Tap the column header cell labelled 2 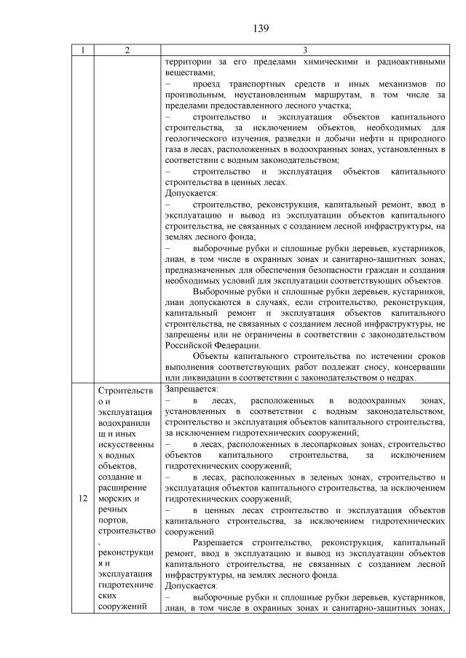(127, 51)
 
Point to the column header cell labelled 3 (304, 51)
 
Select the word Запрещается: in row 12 (187, 389)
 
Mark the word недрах (426, 378)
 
